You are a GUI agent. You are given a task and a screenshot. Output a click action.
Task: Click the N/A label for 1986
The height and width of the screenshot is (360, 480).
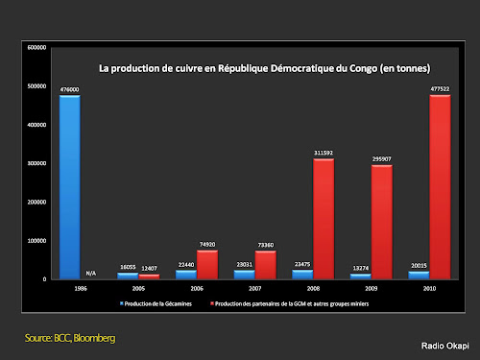point(92,273)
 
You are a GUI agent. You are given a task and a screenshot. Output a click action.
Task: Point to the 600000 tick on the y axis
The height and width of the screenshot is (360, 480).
point(36,47)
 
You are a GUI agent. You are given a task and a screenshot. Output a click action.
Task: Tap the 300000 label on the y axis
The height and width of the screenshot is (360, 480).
point(36,163)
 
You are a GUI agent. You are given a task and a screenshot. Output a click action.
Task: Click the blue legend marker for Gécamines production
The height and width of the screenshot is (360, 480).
point(122,303)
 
